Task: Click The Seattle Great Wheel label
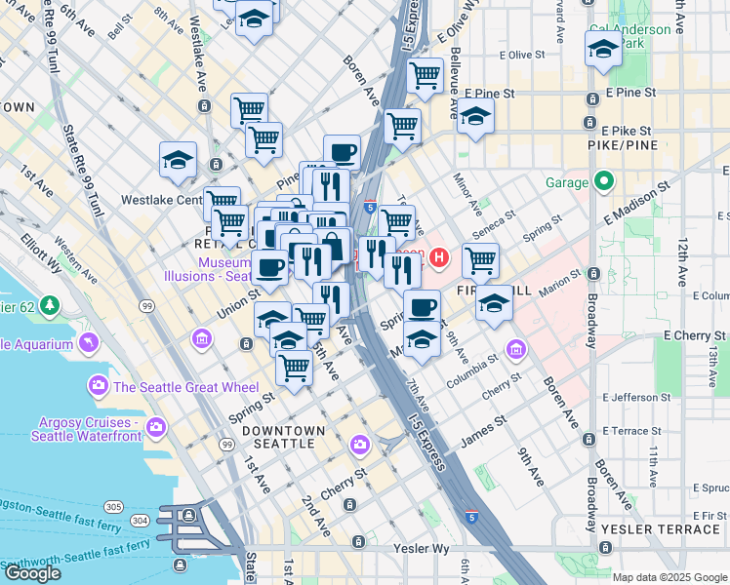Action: (x=177, y=387)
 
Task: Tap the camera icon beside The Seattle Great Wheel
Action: (x=99, y=386)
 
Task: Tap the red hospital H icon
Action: (x=439, y=258)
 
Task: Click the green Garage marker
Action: (x=605, y=181)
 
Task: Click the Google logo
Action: (x=32, y=573)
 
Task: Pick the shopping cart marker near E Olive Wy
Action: (x=425, y=74)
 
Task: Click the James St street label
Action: (x=485, y=430)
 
